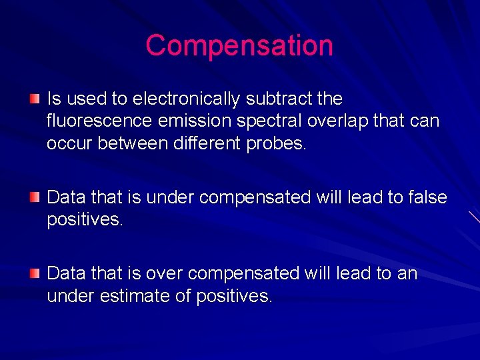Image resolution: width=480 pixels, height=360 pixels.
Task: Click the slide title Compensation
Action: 239,45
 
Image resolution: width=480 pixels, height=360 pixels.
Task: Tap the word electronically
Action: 187,99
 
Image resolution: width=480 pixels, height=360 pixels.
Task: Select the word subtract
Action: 281,99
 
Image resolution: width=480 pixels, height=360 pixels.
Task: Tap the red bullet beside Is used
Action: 34,99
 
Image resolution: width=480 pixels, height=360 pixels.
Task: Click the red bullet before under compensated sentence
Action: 34,197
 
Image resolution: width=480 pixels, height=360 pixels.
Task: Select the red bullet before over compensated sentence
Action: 34,273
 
